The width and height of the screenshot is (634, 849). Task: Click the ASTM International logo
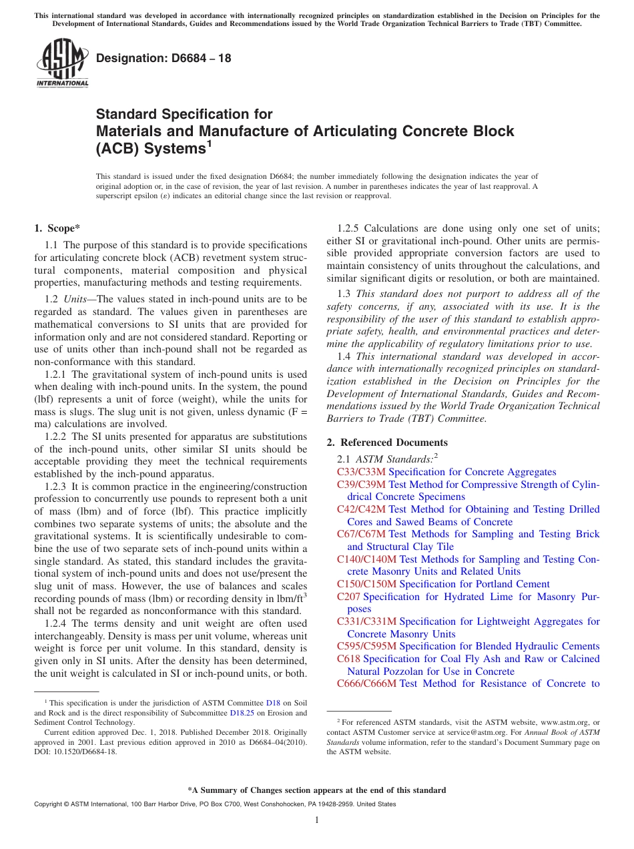point(62,64)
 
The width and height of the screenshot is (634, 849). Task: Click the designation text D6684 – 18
point(164,59)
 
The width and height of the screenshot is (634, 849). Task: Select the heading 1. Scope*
point(57,228)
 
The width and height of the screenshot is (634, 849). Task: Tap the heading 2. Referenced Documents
point(387,443)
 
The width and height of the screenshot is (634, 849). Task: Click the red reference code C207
point(348,597)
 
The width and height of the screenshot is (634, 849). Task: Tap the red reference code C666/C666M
point(366,683)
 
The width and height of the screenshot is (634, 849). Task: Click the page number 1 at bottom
point(317,820)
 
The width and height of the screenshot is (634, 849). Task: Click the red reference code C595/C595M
point(366,646)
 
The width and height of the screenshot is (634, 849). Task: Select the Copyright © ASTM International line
point(214,804)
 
